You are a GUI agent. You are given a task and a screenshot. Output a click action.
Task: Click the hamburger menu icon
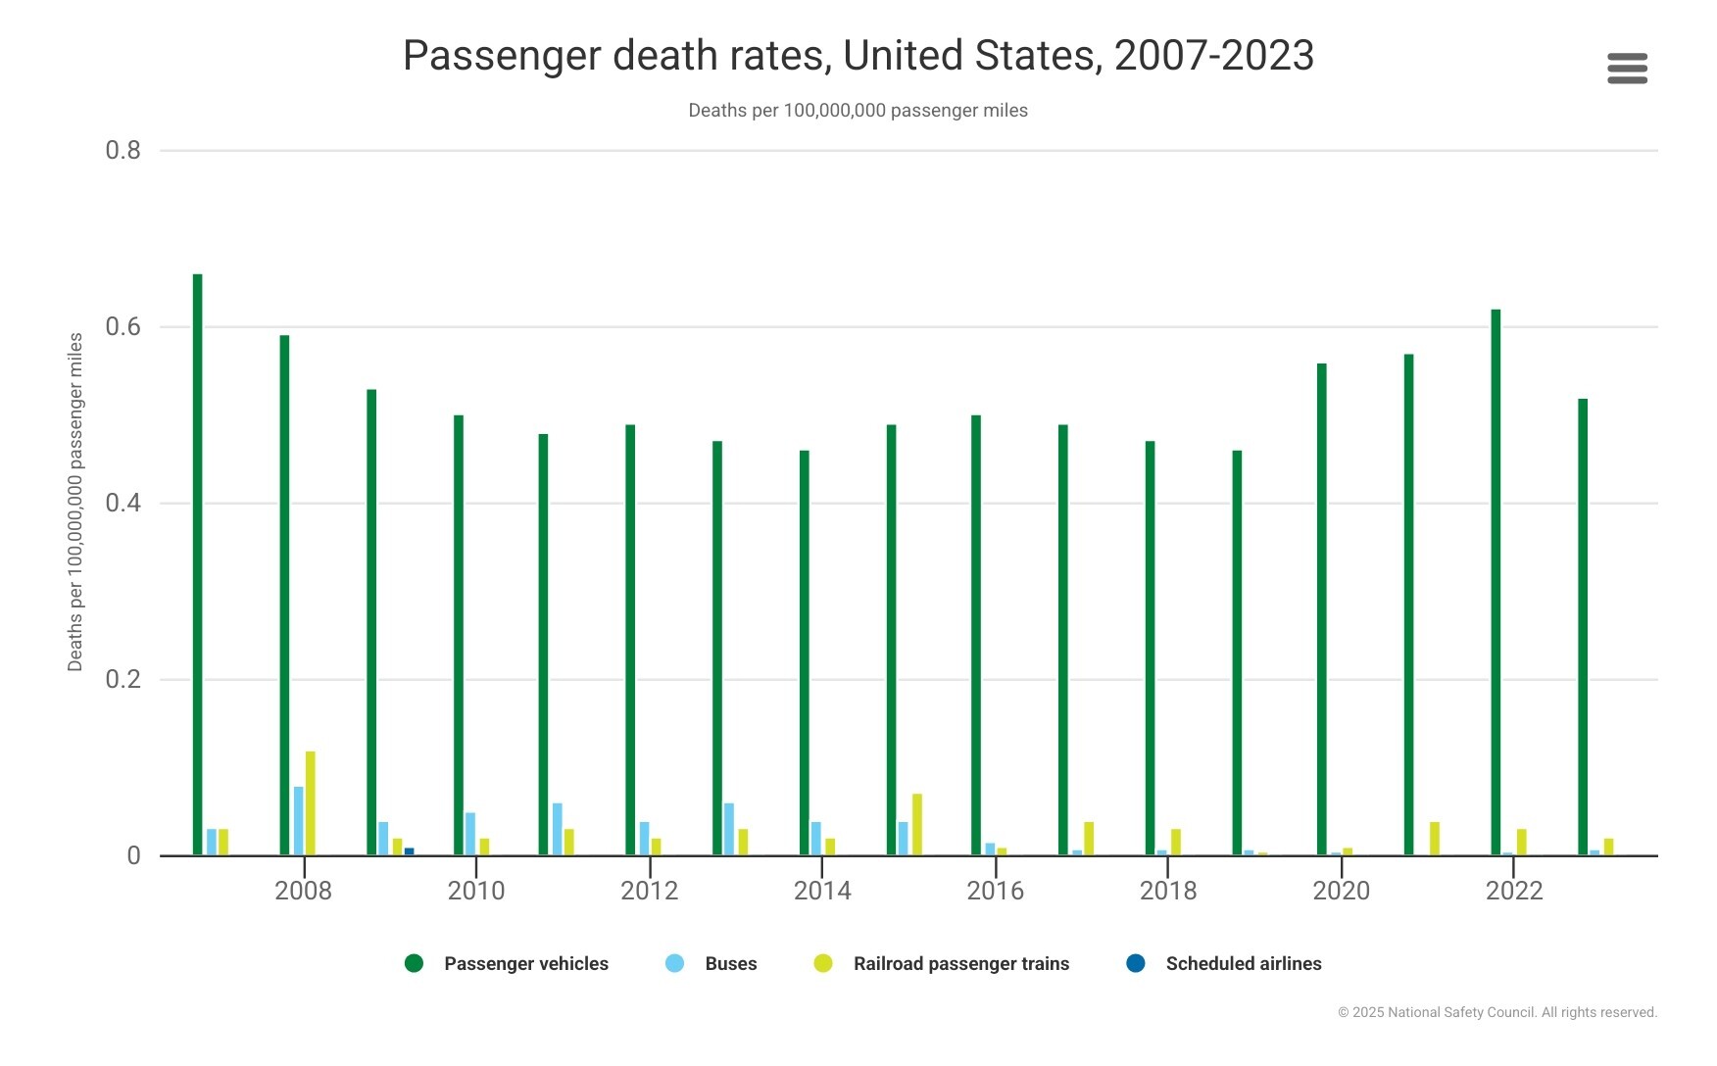1627,69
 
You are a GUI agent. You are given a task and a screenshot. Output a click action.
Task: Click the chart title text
858,56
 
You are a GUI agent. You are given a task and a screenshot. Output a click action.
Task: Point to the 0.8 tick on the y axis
123,150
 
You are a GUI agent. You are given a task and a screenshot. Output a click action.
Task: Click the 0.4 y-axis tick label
123,503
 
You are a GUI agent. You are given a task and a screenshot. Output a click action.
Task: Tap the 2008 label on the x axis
303,891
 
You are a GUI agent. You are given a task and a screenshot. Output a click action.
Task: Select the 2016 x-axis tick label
995,891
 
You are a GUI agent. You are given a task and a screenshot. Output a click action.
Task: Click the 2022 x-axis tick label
1514,891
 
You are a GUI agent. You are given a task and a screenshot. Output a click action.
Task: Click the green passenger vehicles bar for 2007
197,564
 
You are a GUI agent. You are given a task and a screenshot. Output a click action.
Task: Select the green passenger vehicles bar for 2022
1496,582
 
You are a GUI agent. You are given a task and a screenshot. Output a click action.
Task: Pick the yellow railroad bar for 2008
311,803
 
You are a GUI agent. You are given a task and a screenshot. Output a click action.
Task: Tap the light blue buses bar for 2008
298,821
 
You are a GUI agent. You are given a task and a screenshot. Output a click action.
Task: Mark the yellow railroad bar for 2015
917,824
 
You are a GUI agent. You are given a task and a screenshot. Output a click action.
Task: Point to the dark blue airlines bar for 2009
410,851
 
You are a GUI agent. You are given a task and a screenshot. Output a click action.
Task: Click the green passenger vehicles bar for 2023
1583,627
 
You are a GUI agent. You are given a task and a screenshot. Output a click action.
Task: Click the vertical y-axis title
75,502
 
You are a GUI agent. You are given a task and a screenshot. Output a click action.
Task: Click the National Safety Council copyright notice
1496,1012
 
